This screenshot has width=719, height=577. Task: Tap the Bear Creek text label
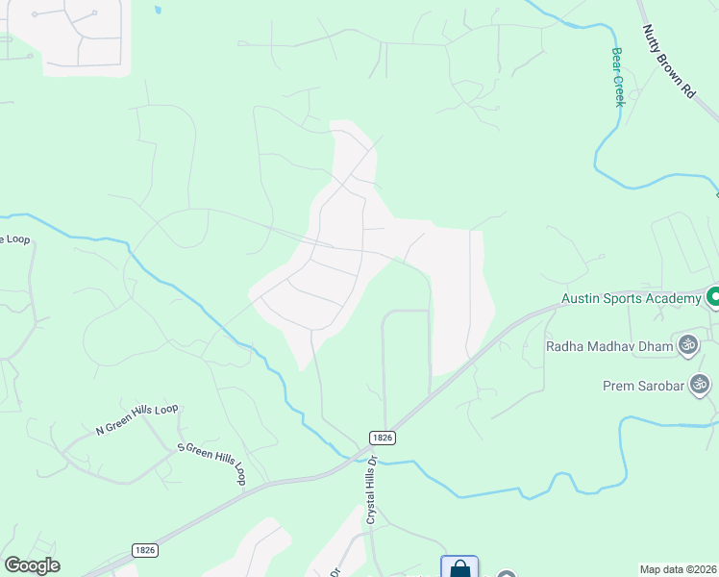(617, 77)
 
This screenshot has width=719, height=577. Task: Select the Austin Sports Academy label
(632, 299)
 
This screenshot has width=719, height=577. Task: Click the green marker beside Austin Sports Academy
(712, 297)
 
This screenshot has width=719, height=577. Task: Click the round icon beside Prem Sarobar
(700, 385)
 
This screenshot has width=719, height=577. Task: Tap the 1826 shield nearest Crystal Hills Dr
(381, 437)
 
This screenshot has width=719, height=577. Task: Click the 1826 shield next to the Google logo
(145, 550)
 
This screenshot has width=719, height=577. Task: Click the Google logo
(32, 565)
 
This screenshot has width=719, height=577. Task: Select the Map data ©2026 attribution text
(678, 569)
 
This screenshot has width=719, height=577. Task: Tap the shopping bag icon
(459, 568)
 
